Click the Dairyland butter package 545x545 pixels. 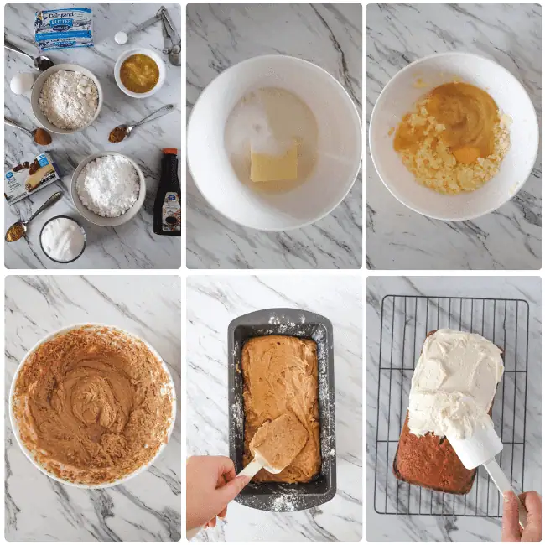(x=64, y=27)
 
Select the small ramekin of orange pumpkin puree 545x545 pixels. (x=139, y=73)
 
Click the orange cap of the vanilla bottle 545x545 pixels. (x=169, y=155)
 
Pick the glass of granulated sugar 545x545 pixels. (x=62, y=239)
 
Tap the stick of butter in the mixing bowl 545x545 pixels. (x=273, y=162)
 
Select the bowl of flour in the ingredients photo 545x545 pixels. (x=67, y=99)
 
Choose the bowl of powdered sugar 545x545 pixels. (x=107, y=187)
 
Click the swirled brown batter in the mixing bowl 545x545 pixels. (x=92, y=402)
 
